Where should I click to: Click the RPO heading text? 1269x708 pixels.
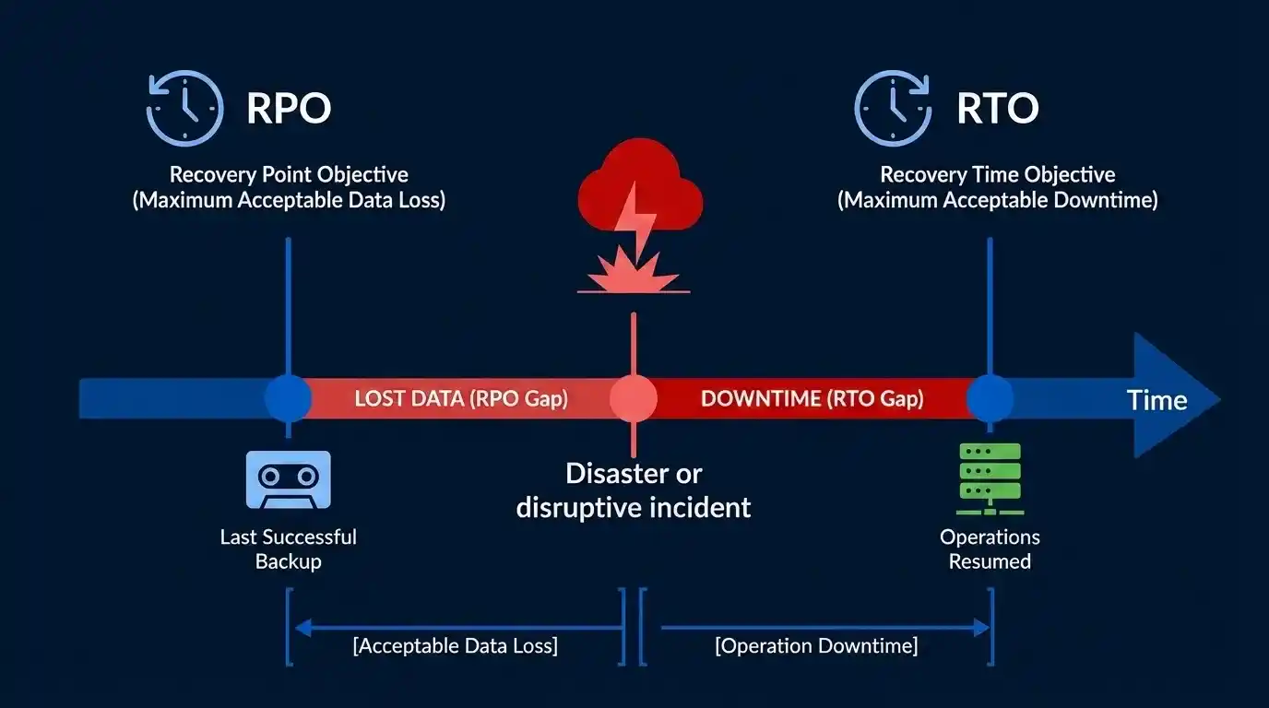pyautogui.click(x=288, y=109)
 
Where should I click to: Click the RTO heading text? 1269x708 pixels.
pyautogui.click(x=997, y=109)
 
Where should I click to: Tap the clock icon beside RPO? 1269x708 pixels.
pyautogui.click(x=185, y=109)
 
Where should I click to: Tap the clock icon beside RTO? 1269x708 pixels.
pyautogui.click(x=893, y=109)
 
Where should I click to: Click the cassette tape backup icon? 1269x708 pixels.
pyautogui.click(x=288, y=479)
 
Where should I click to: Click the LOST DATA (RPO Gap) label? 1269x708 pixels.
pyautogui.click(x=461, y=399)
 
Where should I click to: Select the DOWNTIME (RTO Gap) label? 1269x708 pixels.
pyautogui.click(x=812, y=399)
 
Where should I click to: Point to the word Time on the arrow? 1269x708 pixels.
pyautogui.click(x=1156, y=400)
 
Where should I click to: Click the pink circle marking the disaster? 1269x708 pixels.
pyautogui.click(x=634, y=399)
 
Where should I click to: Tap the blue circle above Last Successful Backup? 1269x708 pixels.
pyautogui.click(x=288, y=399)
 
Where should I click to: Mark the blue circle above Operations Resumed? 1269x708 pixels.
pyautogui.click(x=990, y=399)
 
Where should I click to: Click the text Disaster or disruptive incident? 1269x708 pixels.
pyautogui.click(x=634, y=490)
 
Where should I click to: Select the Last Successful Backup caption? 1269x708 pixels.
pyautogui.click(x=288, y=549)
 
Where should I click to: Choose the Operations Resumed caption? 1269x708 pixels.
pyautogui.click(x=990, y=549)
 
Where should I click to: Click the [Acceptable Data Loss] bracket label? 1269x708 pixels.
pyautogui.click(x=455, y=646)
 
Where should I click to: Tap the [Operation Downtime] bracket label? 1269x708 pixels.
pyautogui.click(x=816, y=646)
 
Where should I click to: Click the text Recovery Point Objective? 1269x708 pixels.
pyautogui.click(x=288, y=174)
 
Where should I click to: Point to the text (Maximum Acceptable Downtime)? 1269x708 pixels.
pyautogui.click(x=997, y=200)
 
